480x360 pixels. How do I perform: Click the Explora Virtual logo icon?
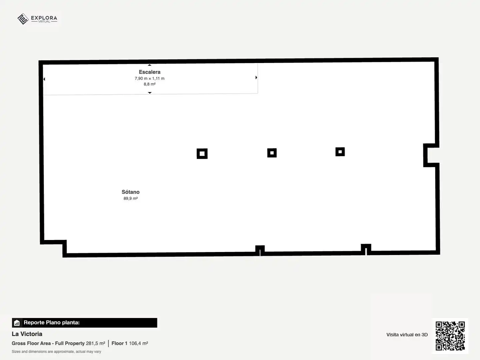pyautogui.click(x=23, y=19)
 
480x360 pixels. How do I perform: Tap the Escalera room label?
pyautogui.click(x=150, y=72)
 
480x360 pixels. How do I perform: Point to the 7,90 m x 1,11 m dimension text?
pyautogui.click(x=150, y=78)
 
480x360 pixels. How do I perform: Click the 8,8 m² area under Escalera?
pyautogui.click(x=150, y=84)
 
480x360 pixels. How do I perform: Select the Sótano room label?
pyautogui.click(x=131, y=192)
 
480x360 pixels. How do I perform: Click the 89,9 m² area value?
pyautogui.click(x=131, y=198)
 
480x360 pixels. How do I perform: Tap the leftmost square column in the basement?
pyautogui.click(x=202, y=154)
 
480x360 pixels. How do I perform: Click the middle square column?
pyautogui.click(x=272, y=153)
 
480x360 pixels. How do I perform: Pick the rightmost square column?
pyautogui.click(x=340, y=152)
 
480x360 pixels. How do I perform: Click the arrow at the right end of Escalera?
pyautogui.click(x=256, y=77)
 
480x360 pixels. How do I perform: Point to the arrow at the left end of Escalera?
pyautogui.click(x=44, y=79)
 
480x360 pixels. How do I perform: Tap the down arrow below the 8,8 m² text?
pyautogui.click(x=150, y=93)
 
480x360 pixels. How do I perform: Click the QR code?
pyautogui.click(x=450, y=336)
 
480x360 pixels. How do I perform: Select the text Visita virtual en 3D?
pyautogui.click(x=407, y=335)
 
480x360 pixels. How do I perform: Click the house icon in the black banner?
pyautogui.click(x=17, y=323)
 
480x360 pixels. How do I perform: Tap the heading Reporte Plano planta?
pyautogui.click(x=52, y=323)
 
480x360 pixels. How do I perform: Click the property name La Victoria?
pyautogui.click(x=27, y=334)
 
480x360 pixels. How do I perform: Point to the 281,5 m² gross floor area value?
pyautogui.click(x=95, y=343)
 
